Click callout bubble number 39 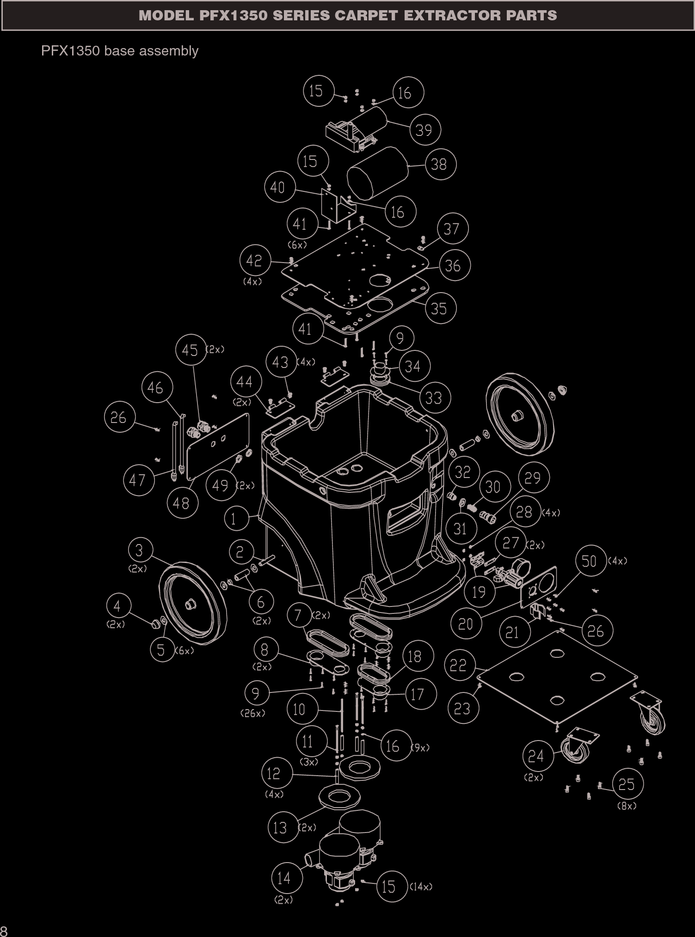425,130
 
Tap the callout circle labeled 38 440,164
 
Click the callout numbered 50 590,561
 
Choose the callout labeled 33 435,398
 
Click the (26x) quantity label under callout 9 252,713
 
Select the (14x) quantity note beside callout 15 421,887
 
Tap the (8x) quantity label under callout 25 627,806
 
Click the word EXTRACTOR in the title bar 452,16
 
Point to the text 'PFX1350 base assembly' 120,51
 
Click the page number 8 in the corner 4,931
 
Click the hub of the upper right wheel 515,416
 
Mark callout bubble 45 191,350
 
